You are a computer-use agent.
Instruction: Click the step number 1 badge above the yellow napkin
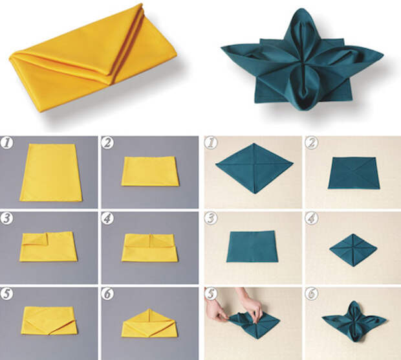point(6,143)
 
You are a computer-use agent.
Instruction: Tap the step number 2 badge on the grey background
point(107,143)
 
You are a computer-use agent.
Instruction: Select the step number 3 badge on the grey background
point(6,218)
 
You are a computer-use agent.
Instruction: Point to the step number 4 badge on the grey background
point(107,218)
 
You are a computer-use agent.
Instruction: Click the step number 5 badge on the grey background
point(6,294)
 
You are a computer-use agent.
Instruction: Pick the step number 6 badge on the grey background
point(107,294)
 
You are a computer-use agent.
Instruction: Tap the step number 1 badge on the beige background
point(211,143)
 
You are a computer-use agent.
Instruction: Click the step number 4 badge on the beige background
point(312,218)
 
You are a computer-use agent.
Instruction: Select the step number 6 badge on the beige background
point(312,294)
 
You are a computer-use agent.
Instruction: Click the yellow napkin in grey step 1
point(51,173)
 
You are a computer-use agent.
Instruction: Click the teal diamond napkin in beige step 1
point(254,168)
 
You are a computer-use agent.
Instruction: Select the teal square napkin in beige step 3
point(252,247)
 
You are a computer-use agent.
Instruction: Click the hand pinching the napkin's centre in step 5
point(252,305)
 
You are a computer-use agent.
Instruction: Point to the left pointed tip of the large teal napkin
point(222,48)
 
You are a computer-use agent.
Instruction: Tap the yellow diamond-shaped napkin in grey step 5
point(49,321)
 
